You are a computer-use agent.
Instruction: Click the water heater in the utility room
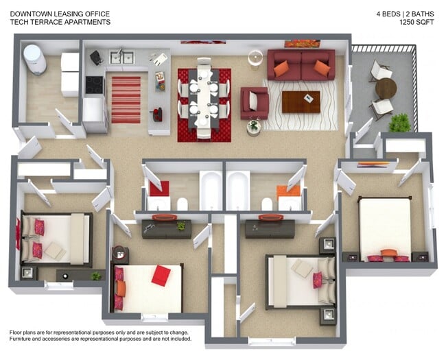click(x=35, y=60)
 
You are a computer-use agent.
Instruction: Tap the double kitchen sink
click(x=121, y=58)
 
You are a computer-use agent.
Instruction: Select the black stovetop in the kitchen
click(x=94, y=85)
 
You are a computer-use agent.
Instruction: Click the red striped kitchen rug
click(x=126, y=100)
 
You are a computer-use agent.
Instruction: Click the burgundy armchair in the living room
click(x=255, y=103)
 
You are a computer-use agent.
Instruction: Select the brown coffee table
click(x=301, y=101)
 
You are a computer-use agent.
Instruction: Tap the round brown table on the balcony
click(x=386, y=88)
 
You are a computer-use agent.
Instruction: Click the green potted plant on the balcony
click(x=399, y=123)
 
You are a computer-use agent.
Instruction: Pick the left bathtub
click(x=211, y=190)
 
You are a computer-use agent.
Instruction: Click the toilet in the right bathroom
click(x=267, y=204)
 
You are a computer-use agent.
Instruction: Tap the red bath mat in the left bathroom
click(x=159, y=189)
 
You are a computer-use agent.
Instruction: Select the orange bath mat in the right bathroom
click(x=288, y=192)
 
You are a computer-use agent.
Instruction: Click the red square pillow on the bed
click(x=161, y=276)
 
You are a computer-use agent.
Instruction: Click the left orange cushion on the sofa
click(x=281, y=69)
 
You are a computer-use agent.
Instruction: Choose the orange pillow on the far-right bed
click(x=389, y=252)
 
